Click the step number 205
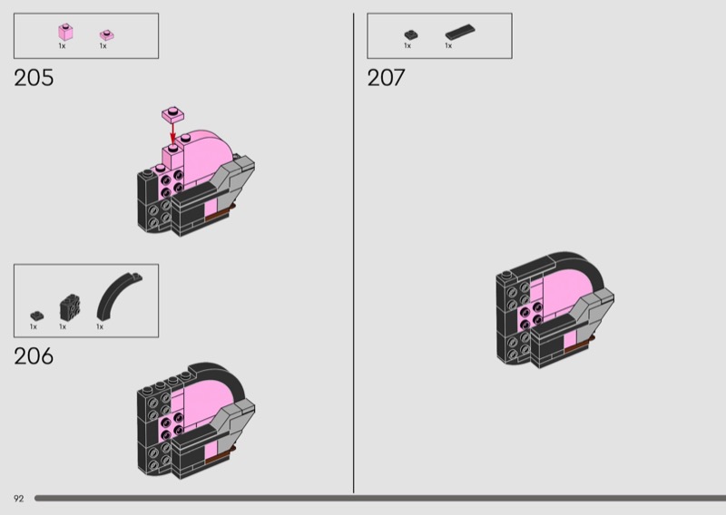click(x=34, y=78)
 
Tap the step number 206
click(x=34, y=356)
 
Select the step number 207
click(x=386, y=78)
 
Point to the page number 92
click(x=18, y=499)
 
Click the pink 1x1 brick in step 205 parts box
click(x=65, y=32)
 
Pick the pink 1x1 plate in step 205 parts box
click(x=107, y=35)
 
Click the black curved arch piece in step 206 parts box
click(x=119, y=296)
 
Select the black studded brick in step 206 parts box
click(x=70, y=307)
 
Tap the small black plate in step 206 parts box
click(x=37, y=316)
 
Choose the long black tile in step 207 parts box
click(x=460, y=32)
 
